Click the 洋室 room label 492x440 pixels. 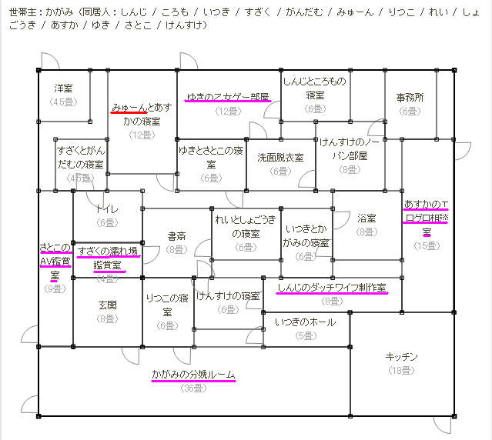(64, 88)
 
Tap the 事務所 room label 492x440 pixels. (410, 98)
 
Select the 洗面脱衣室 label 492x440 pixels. (280, 157)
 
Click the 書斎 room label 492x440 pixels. (176, 237)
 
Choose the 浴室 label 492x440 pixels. (366, 218)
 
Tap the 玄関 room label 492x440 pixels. (107, 305)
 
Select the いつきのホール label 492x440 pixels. (305, 322)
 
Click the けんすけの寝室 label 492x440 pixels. (228, 296)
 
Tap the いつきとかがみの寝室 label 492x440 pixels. (306, 236)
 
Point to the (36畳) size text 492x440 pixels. (193, 388)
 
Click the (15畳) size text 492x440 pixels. (426, 245)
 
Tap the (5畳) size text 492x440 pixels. (305, 335)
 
